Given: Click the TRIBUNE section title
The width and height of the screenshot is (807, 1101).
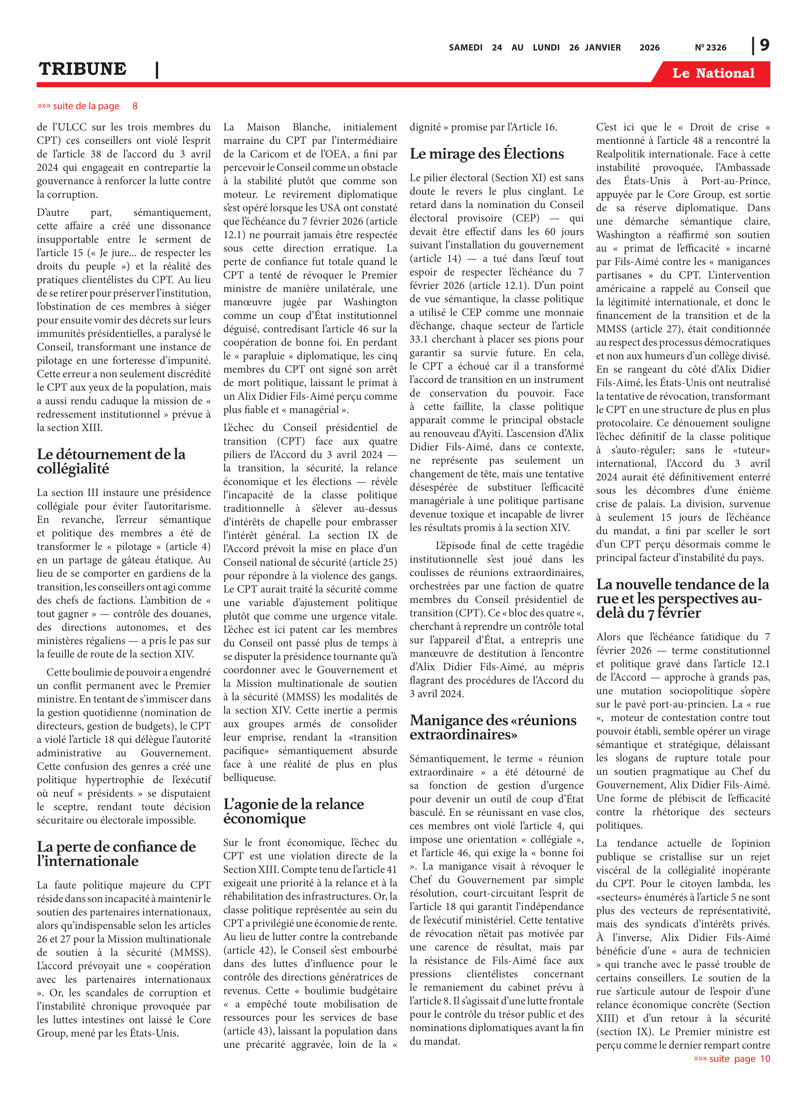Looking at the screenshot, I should coord(83,69).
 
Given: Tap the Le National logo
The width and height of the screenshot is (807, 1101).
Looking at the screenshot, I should coord(713,73).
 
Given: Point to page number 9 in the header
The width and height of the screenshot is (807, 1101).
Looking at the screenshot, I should coord(764,45).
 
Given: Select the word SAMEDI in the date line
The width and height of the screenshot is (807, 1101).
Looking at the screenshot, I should coord(465,47).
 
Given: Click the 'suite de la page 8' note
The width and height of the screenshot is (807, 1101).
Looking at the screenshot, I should coord(87,106).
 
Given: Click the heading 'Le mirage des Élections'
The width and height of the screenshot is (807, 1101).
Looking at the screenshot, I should coord(486,153).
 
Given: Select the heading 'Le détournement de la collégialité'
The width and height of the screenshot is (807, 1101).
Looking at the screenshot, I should coord(111,461).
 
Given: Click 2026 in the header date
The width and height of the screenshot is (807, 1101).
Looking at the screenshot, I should coord(649,47).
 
